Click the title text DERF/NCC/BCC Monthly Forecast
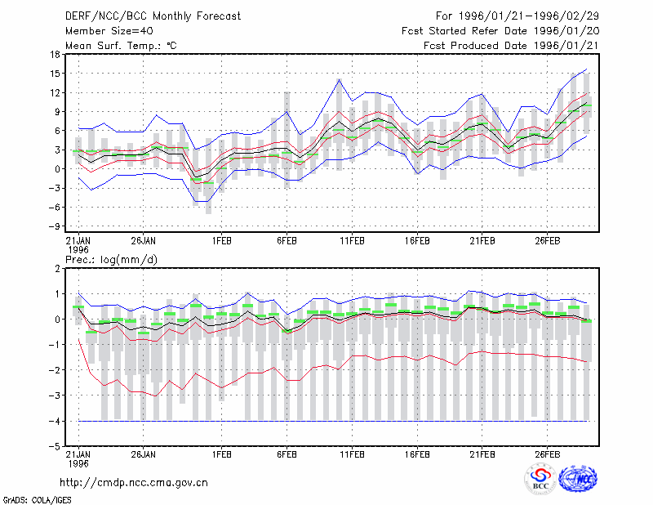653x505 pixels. (x=153, y=16)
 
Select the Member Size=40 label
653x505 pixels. (x=109, y=31)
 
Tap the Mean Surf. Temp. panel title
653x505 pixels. (x=121, y=46)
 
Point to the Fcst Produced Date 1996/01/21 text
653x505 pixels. (x=511, y=46)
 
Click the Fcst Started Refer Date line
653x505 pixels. (x=500, y=31)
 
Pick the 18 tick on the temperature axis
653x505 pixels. (x=55, y=54)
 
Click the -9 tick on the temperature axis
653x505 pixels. (x=54, y=226)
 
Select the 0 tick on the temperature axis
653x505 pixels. (x=57, y=169)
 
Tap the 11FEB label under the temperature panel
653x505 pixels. (x=352, y=241)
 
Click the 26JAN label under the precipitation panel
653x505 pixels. (x=144, y=454)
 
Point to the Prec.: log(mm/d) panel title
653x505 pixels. (x=111, y=260)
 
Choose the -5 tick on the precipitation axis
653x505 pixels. (x=54, y=446)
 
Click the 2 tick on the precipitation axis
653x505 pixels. (x=57, y=269)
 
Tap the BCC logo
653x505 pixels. (x=540, y=479)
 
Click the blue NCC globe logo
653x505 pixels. (x=578, y=479)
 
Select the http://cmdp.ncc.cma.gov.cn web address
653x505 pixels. (x=134, y=483)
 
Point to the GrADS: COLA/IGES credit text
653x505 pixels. (x=37, y=500)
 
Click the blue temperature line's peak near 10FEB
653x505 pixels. (x=339, y=79)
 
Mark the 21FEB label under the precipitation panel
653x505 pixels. (x=482, y=454)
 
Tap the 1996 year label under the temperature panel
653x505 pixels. (x=78, y=250)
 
